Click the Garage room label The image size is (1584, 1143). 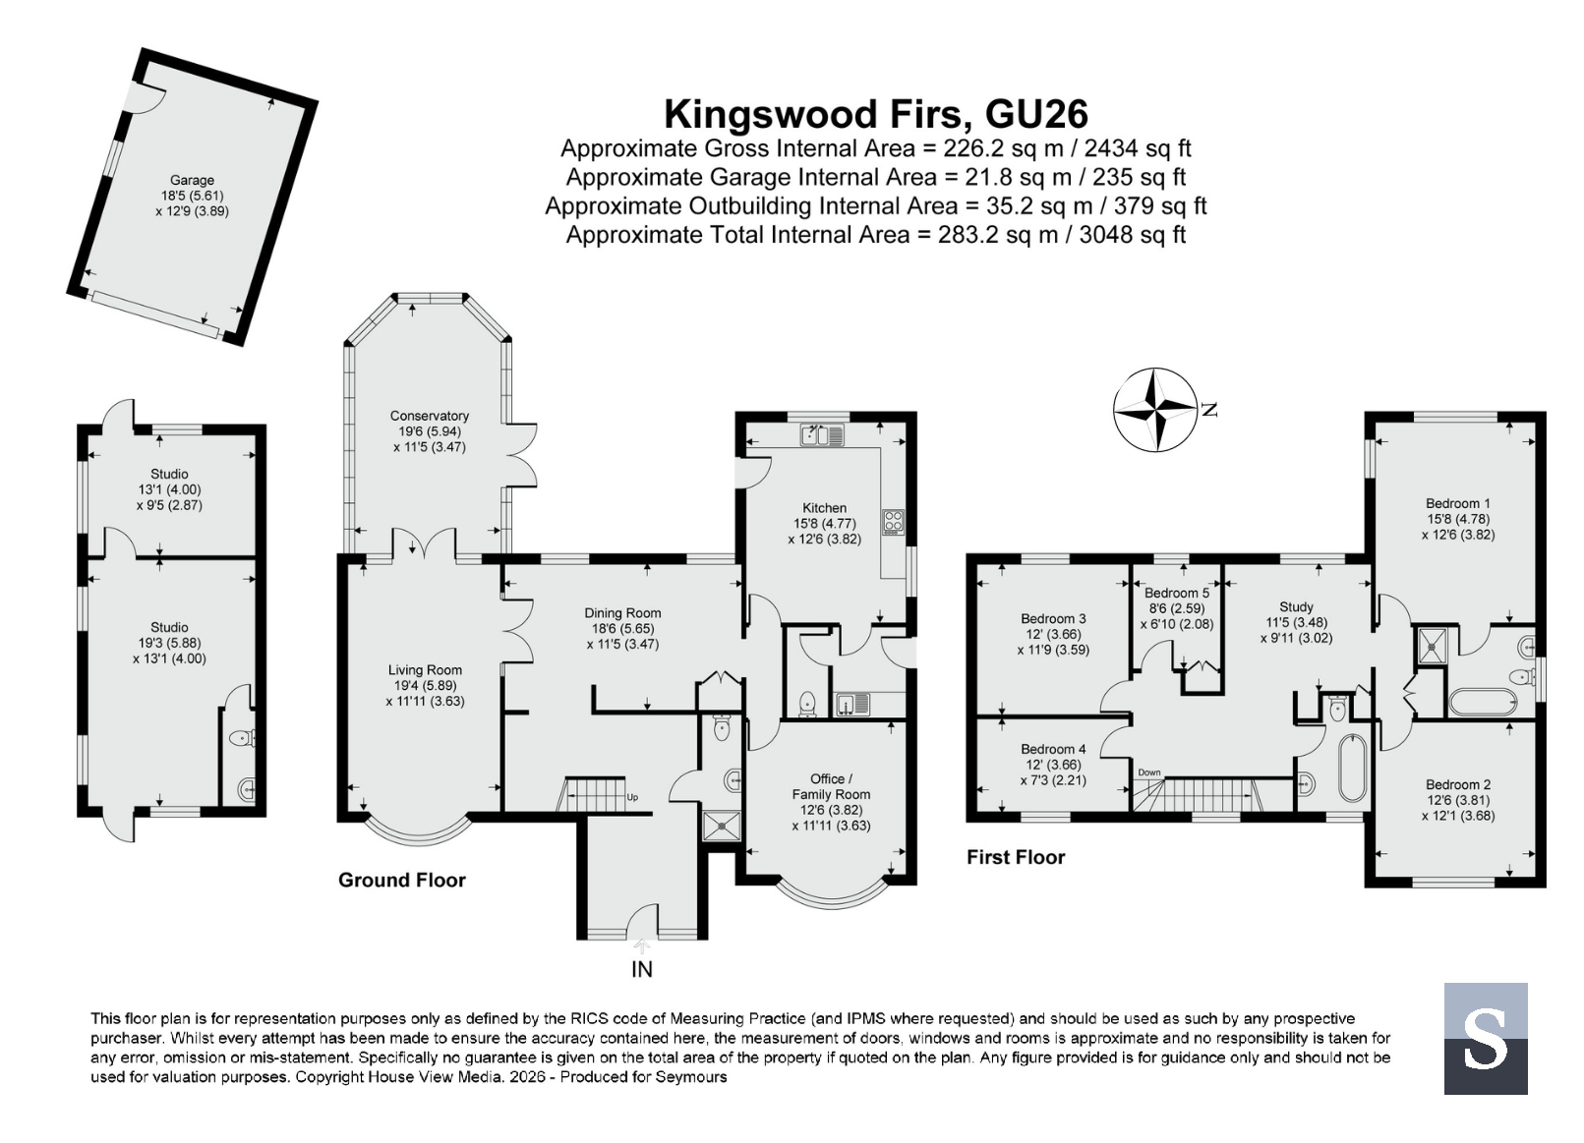coord(192,180)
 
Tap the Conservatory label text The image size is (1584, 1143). coord(430,416)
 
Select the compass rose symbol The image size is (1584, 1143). coord(1155,409)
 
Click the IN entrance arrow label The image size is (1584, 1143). coord(641,969)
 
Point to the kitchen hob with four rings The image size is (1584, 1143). coord(893,522)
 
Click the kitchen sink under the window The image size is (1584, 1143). coord(822,434)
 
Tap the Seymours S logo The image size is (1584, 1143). coord(1485,1038)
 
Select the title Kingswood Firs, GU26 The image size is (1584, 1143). coord(876,115)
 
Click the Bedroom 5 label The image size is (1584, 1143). coord(1177,593)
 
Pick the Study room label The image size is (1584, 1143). coord(1296,606)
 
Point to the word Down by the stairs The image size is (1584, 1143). coord(1149,772)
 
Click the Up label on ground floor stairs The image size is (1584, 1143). coord(632,797)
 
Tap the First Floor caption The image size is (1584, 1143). coord(1016,857)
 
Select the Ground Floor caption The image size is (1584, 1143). coord(402,880)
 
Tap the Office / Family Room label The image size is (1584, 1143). coord(831,786)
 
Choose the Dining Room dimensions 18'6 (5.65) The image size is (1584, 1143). coord(622,628)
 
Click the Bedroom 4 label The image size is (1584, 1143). coord(1053,749)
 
